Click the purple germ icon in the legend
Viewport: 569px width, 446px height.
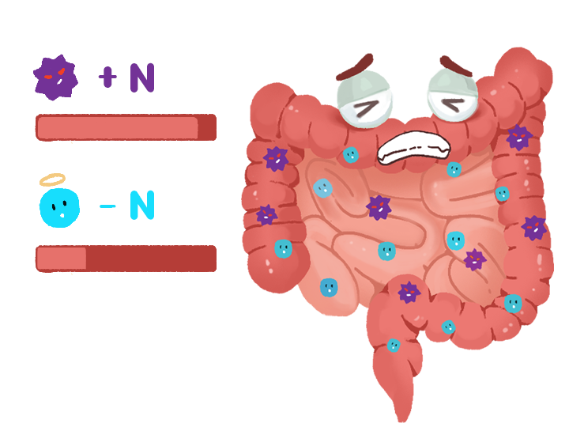pos(55,77)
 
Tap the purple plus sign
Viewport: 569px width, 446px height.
pos(107,77)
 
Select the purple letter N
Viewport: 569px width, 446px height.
pos(141,77)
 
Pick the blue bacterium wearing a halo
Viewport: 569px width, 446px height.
pos(60,206)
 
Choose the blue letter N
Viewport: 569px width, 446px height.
pos(141,206)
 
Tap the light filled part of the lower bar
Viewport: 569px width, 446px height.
pos(62,259)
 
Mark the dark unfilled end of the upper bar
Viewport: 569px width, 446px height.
pos(206,127)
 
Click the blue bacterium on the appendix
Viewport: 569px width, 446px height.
pos(393,346)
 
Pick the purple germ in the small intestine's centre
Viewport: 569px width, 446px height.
pos(379,207)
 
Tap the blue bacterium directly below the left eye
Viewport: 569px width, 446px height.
pos(350,155)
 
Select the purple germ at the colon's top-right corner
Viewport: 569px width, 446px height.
pos(518,137)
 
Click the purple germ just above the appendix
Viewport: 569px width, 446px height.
pos(409,292)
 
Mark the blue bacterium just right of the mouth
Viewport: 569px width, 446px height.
pos(454,168)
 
